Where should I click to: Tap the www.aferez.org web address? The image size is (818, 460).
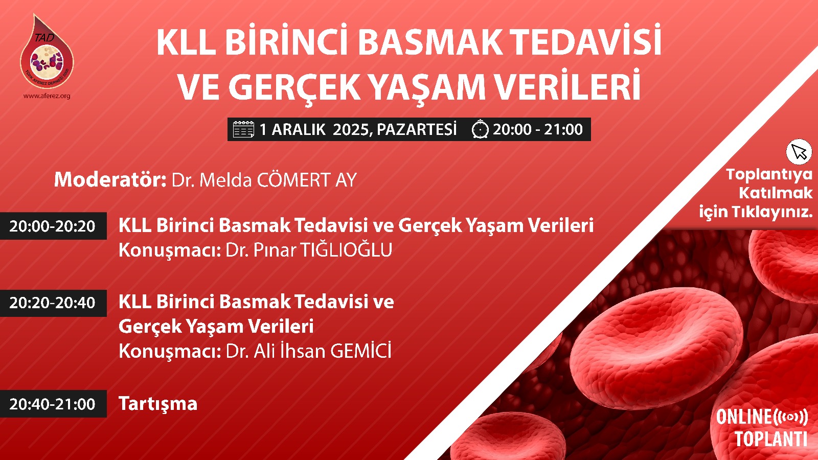(x=47, y=96)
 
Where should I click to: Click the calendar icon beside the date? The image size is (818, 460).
(x=243, y=130)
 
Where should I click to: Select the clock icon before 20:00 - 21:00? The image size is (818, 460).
(x=480, y=129)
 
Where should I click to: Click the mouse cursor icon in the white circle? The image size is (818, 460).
(x=799, y=152)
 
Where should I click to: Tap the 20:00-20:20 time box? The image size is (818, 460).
(x=53, y=226)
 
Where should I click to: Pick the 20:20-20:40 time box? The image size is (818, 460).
(x=53, y=303)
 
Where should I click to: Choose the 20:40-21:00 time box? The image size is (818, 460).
(x=53, y=404)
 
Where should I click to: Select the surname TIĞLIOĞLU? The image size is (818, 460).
(x=346, y=250)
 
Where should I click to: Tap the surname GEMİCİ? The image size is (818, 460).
(x=360, y=351)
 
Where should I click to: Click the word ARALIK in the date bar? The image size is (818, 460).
(x=298, y=130)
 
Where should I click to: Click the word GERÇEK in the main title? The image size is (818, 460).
(x=294, y=87)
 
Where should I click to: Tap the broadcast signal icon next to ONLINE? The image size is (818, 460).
(x=790, y=417)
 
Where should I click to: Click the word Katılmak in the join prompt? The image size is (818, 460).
(x=775, y=193)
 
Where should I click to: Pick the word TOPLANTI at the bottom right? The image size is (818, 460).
(x=770, y=439)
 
